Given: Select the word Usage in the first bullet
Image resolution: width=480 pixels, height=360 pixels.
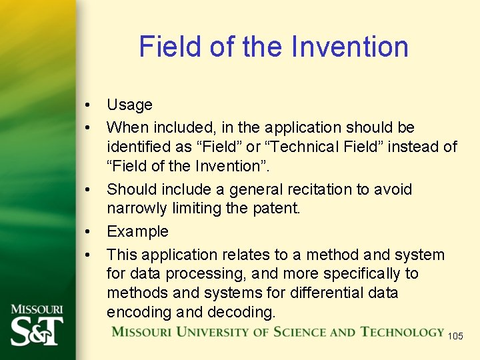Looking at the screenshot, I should pos(129,105).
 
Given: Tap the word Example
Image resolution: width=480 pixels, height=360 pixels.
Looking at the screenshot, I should pos(137,231).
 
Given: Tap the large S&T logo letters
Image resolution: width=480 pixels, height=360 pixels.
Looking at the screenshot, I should pos(36,330).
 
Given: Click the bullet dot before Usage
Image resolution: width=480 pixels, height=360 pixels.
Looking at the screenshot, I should pos(87,105).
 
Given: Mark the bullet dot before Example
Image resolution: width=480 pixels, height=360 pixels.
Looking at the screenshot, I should pos(87,232).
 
